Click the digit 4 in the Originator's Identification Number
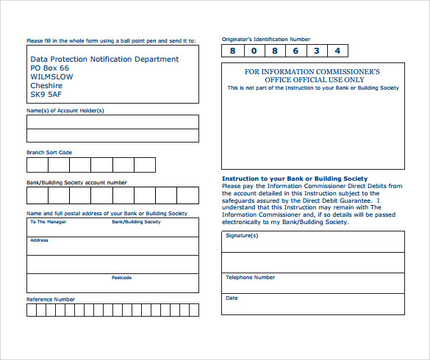[x=337, y=51]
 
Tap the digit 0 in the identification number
[x=254, y=51]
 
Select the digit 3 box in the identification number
[x=316, y=51]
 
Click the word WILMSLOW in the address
[x=51, y=76]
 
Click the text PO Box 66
[x=49, y=68]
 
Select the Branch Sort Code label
[x=49, y=152]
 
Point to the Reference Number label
[x=51, y=299]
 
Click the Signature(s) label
[x=242, y=236]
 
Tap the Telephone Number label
[x=251, y=278]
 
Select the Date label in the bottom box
[x=232, y=298]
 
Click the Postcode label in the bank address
[x=121, y=278]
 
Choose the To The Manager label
[x=48, y=221]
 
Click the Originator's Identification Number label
[x=266, y=39]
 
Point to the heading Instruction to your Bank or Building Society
[x=294, y=179]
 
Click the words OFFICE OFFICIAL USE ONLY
[x=312, y=79]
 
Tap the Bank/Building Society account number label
[x=76, y=182]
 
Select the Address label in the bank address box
[x=39, y=240]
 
